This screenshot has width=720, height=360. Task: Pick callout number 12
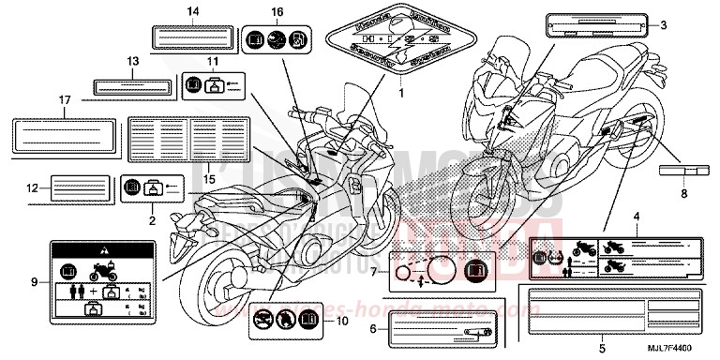pyautogui.click(x=32, y=187)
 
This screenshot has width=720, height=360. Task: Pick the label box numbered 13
pyautogui.click(x=132, y=87)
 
